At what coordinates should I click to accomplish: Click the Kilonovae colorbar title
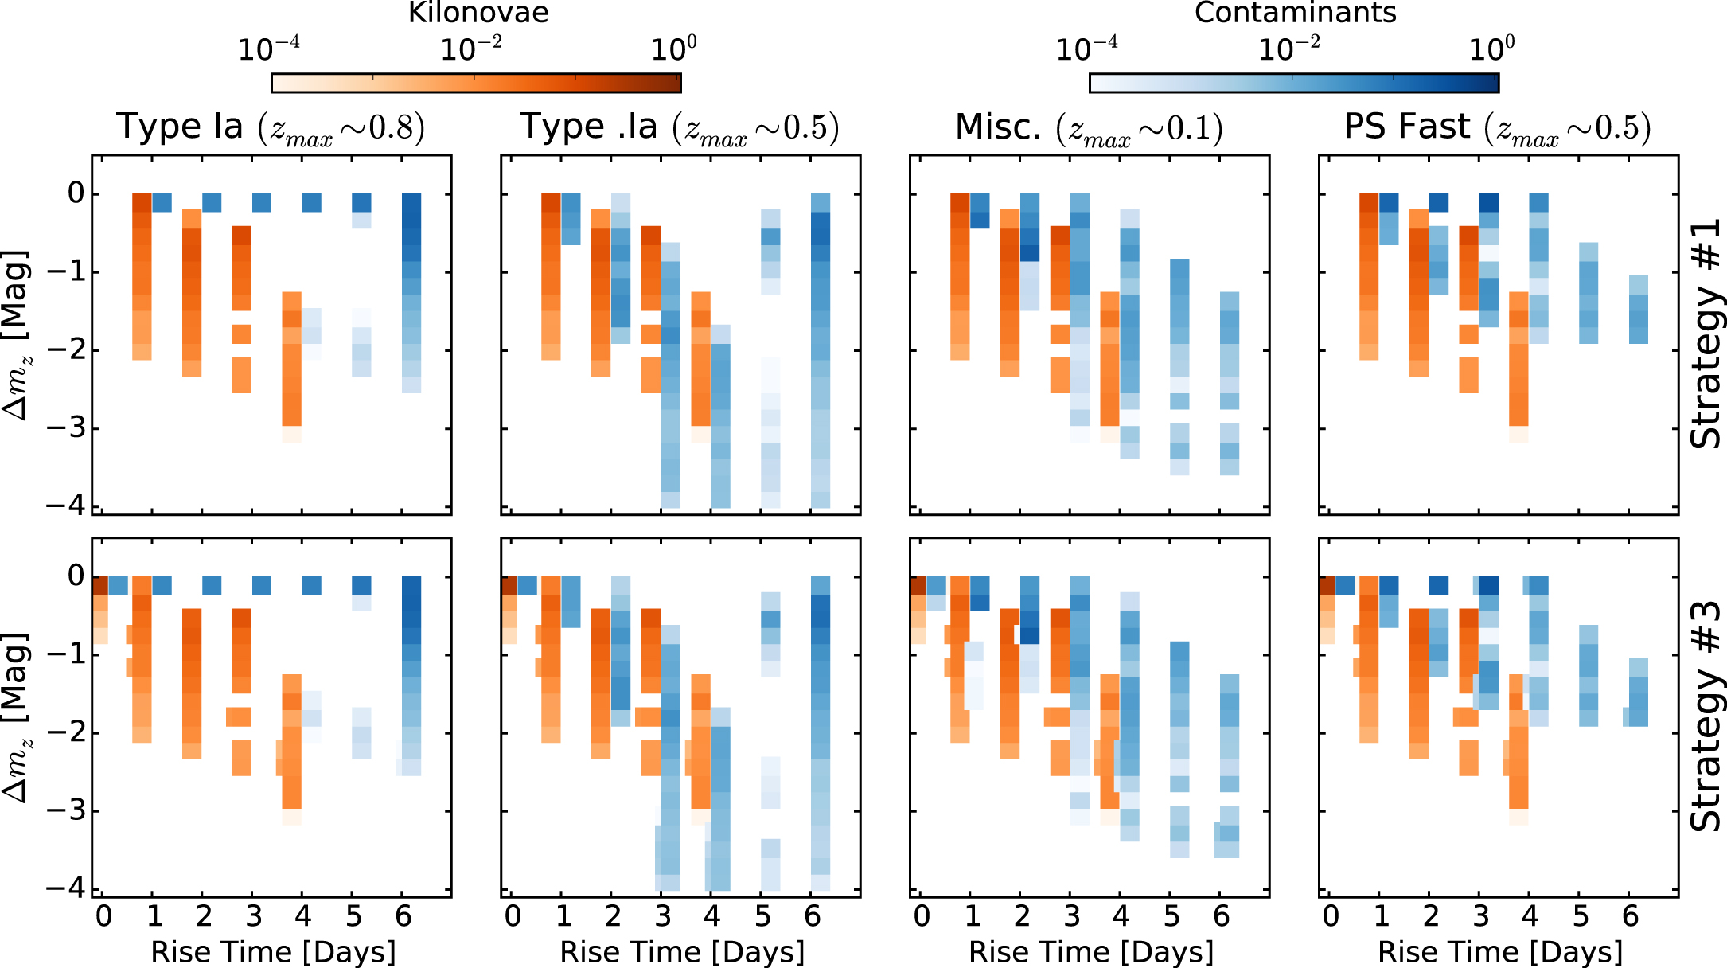pos(478,13)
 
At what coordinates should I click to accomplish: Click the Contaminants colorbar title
pos(1295,13)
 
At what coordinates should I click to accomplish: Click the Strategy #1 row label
pos(1705,334)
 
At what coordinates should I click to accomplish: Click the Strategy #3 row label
pos(1705,717)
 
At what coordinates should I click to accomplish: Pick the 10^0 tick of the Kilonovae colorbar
pos(673,50)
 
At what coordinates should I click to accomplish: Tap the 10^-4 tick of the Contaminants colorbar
pos(1086,50)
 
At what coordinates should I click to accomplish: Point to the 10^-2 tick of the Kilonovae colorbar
pos(471,50)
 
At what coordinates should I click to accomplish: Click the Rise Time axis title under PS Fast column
pos(1499,952)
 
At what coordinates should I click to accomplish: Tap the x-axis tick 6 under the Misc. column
pos(1222,917)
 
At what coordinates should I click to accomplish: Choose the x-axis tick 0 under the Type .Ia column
pos(513,917)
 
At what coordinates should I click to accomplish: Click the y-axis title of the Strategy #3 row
pos(16,717)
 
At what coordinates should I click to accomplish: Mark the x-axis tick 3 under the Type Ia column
pos(254,917)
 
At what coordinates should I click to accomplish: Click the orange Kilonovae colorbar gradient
pos(476,83)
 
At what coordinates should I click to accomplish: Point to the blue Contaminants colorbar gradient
pos(1294,83)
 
